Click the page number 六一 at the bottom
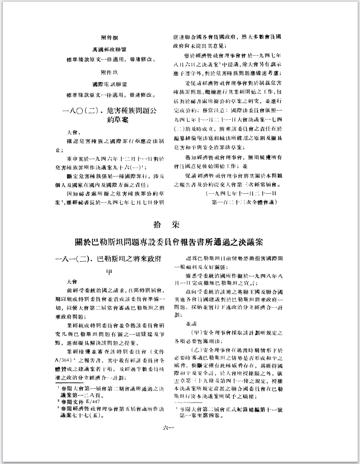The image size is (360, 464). (179, 449)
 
